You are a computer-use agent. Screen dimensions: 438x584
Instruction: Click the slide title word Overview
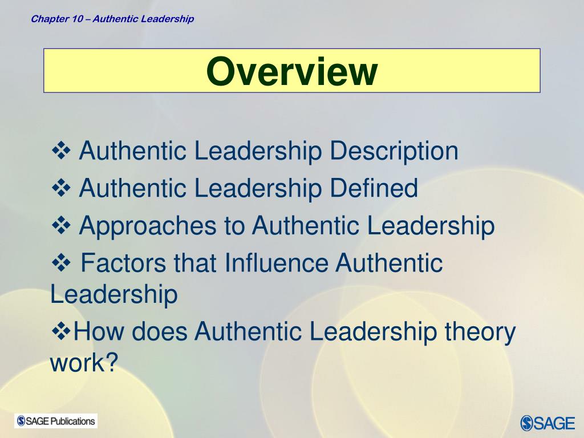tap(291, 72)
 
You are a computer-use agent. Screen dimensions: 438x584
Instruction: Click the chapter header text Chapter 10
tap(57, 19)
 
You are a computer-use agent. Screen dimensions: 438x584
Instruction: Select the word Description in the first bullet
tap(394, 152)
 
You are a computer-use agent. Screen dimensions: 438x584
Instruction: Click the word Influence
tap(276, 263)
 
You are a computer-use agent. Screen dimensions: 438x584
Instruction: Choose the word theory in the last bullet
tap(478, 332)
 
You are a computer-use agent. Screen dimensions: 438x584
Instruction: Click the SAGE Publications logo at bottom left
tap(56, 421)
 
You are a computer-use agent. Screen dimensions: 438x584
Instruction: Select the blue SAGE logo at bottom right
tap(547, 423)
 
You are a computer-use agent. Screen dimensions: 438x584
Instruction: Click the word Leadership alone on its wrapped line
tap(114, 295)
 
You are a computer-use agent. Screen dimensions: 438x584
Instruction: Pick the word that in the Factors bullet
tap(196, 263)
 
